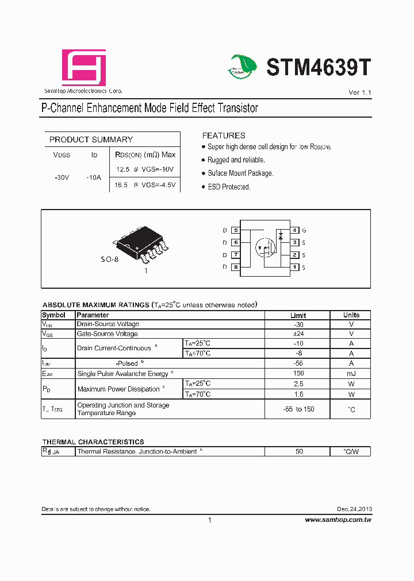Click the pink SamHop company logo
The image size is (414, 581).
click(x=84, y=68)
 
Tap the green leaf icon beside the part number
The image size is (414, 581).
click(x=244, y=67)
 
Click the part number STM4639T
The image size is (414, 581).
click(x=319, y=68)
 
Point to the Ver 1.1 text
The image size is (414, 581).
click(x=360, y=92)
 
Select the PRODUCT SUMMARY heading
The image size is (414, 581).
click(x=91, y=140)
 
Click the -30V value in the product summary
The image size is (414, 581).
click(x=62, y=178)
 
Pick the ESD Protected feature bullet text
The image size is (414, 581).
click(x=229, y=187)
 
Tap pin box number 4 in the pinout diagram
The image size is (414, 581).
click(x=294, y=230)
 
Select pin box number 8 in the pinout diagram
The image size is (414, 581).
click(x=236, y=268)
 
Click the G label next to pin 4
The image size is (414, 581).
click(x=304, y=230)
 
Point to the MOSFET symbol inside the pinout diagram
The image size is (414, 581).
click(x=265, y=248)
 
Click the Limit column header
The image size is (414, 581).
click(x=298, y=315)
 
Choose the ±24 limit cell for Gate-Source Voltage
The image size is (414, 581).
click(x=298, y=334)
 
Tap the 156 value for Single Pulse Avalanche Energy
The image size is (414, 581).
click(x=298, y=373)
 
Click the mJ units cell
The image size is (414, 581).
click(x=351, y=373)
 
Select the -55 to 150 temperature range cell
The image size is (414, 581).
click(x=298, y=409)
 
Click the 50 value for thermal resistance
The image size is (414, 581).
click(x=299, y=452)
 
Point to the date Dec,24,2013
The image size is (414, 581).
click(x=354, y=509)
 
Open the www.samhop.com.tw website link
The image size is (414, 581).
click(x=338, y=520)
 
